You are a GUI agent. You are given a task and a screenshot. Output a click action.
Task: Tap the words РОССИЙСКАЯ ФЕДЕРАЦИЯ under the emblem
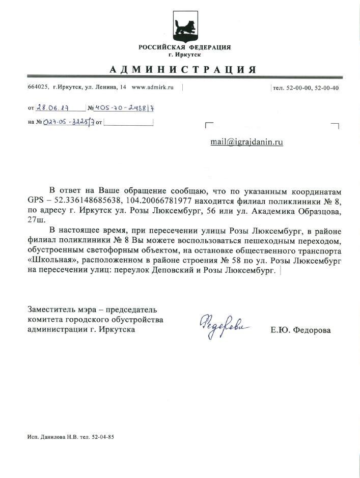coord(184,47)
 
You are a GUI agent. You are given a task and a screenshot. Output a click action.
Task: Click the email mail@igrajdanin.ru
coord(246,142)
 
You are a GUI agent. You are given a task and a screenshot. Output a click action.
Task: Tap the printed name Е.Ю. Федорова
coord(300,330)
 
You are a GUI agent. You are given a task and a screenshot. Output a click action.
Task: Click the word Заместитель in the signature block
coord(53,310)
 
